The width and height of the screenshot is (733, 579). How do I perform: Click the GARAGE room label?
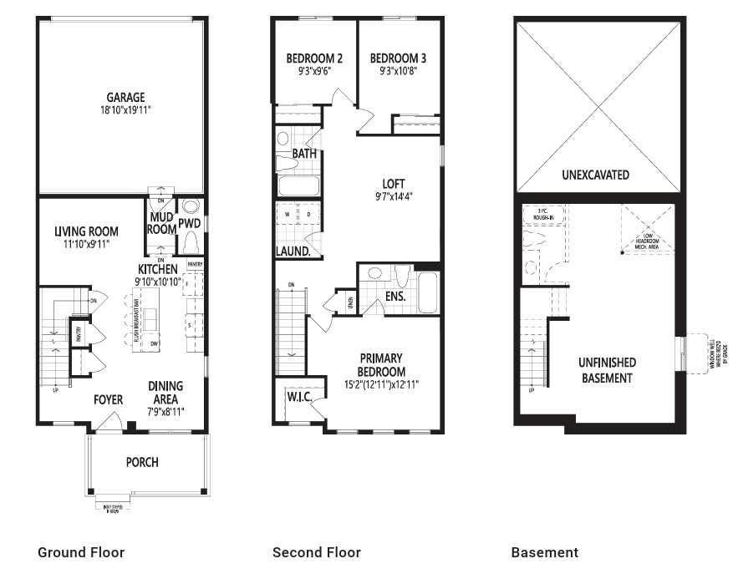[125, 98]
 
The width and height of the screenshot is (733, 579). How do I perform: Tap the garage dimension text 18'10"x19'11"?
[125, 110]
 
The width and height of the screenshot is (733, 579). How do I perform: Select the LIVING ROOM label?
[86, 231]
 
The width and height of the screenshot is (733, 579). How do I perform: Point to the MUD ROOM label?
[161, 223]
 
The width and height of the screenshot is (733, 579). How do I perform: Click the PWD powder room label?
[190, 223]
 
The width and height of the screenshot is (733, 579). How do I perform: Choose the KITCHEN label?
[157, 269]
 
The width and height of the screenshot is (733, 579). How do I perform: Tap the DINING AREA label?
[165, 393]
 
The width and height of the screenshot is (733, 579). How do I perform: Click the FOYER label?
[107, 399]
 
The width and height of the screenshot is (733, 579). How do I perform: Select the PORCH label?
[142, 462]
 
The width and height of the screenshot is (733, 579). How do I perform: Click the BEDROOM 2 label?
[314, 58]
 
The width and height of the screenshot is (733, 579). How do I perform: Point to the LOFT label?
[393, 184]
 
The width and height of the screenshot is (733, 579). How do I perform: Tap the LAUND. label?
[293, 251]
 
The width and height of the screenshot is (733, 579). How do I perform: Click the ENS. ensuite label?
[395, 296]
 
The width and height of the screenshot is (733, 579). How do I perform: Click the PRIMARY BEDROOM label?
[381, 366]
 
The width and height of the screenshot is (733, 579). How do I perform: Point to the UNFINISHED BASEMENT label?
[607, 370]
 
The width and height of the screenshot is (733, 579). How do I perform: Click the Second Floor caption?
[316, 552]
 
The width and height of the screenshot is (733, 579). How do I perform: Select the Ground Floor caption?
[81, 552]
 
